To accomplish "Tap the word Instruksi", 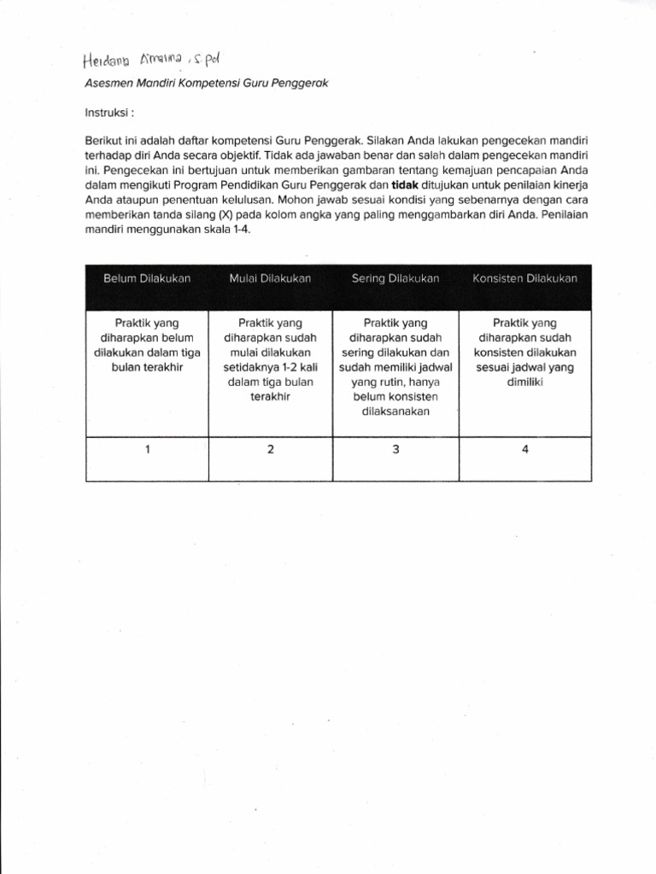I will tap(110, 113).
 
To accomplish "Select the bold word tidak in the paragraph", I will tap(407, 184).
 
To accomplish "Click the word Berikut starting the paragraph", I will tap(104, 139).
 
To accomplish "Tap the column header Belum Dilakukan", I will tap(147, 279).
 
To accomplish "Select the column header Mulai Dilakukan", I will tap(270, 279).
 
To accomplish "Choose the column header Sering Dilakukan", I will tap(395, 279).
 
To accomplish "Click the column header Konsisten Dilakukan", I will tap(524, 279).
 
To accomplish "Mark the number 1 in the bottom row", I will tap(147, 451).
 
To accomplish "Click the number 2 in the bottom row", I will tap(270, 451).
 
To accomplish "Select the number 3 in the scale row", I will tap(395, 451).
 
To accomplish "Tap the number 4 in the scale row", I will tap(524, 451).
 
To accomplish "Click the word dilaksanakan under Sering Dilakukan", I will tap(395, 412).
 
